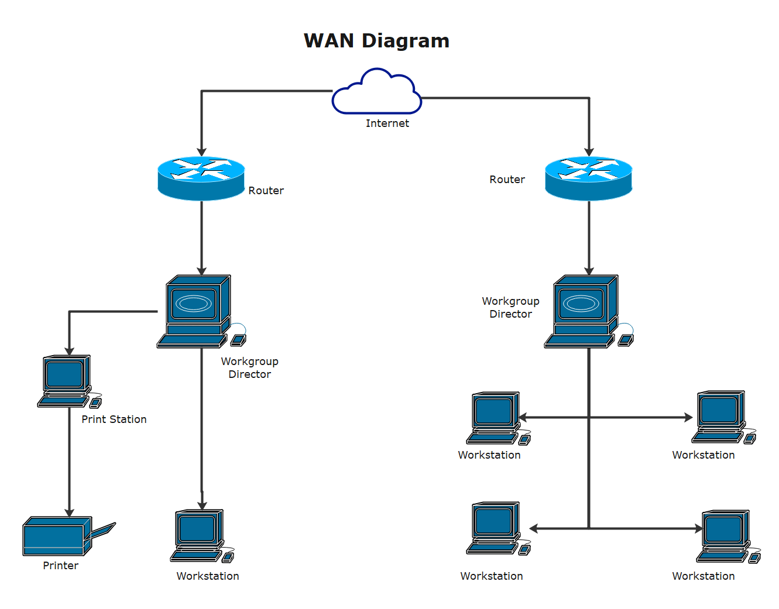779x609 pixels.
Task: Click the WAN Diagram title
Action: pos(376,41)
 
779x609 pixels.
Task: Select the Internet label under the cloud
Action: pos(387,123)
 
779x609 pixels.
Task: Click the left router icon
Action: pos(201,178)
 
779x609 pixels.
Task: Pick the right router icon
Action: pos(588,178)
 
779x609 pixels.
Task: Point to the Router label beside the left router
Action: pos(266,191)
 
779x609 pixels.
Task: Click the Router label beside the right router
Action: pos(507,180)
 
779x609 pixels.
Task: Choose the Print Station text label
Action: pos(114,419)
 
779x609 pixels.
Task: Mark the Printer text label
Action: pos(60,566)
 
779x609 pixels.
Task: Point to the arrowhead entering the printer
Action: pos(69,513)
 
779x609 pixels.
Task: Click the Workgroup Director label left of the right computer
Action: pos(510,308)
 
